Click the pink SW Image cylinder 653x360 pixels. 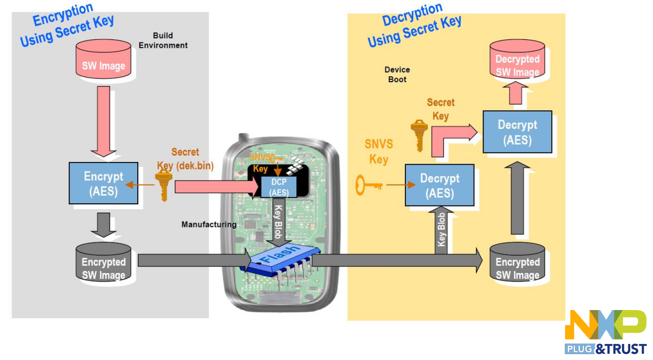pos(103,61)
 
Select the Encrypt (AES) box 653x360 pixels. pos(103,183)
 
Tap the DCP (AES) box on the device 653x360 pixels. pos(279,187)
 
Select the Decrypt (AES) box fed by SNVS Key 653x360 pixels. pos(439,185)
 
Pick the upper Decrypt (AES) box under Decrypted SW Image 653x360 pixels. pos(517,132)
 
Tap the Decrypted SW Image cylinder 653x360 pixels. pos(517,61)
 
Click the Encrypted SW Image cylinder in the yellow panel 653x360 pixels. pos(517,264)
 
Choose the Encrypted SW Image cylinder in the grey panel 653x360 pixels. pos(103,263)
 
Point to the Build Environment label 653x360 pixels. pos(163,40)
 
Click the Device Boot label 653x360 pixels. pos(397,74)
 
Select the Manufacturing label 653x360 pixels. pos(209,224)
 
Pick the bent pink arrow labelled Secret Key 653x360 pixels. pos(450,136)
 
